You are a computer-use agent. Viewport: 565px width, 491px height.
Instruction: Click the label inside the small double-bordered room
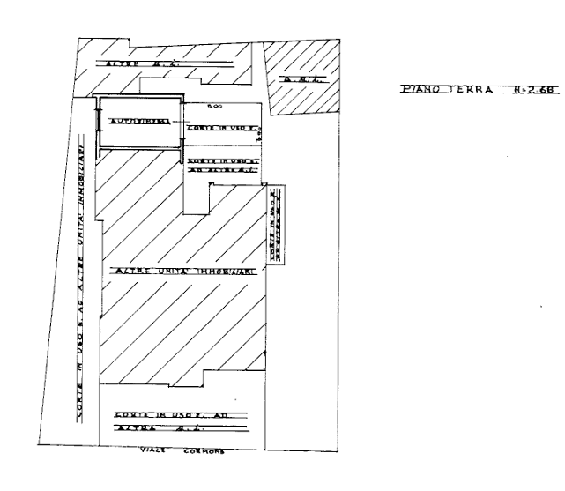138,119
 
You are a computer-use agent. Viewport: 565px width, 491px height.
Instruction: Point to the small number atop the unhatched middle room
211,107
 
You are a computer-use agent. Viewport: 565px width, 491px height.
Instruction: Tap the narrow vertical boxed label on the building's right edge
274,225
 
